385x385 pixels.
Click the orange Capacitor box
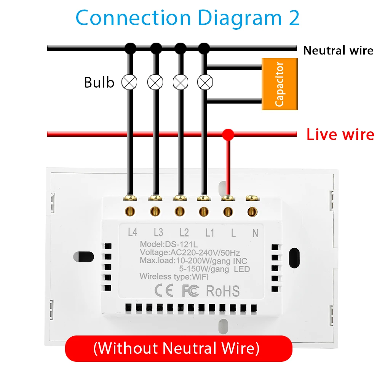(x=280, y=84)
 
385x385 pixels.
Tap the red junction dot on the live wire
(x=228, y=134)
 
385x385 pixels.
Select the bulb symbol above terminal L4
(x=129, y=81)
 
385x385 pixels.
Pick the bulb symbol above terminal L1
(x=205, y=81)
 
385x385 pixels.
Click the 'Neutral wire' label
(x=338, y=50)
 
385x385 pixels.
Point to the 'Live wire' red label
(x=340, y=134)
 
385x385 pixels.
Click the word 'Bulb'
(x=99, y=82)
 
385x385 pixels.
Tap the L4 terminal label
(x=132, y=232)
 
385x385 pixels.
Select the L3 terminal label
(x=158, y=232)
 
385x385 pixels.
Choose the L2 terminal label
(x=184, y=232)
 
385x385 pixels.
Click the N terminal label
(x=255, y=232)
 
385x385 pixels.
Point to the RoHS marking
(x=223, y=291)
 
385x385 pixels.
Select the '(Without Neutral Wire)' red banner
(x=178, y=348)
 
